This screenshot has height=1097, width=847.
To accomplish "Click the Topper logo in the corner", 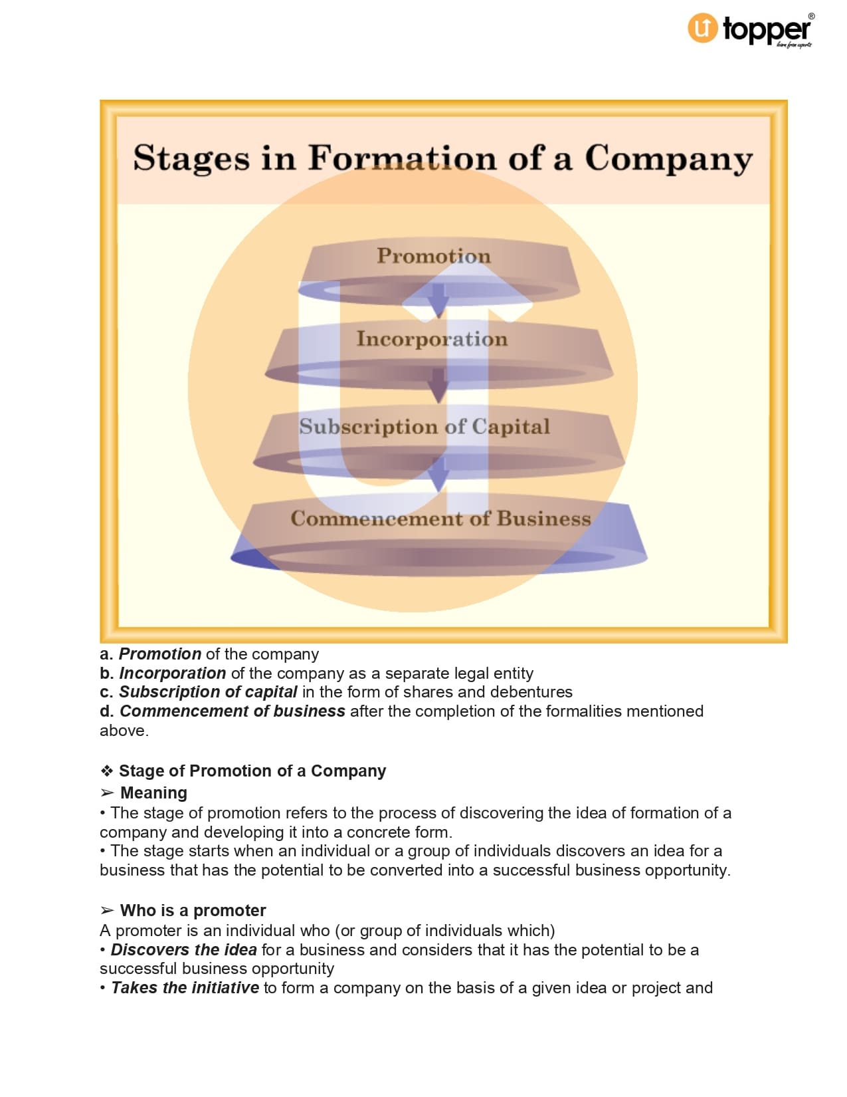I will [x=749, y=30].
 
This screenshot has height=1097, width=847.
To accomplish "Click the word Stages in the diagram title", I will [x=191, y=158].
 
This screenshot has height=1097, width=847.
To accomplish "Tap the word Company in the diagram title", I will [x=668, y=160].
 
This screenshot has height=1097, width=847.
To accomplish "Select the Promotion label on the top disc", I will [x=434, y=256].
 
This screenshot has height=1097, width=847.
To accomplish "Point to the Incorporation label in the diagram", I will [x=432, y=339].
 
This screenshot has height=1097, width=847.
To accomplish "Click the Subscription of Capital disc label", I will [x=424, y=426].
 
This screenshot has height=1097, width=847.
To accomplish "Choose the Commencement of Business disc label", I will [x=440, y=519].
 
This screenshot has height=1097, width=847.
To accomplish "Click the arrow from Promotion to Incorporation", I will [x=438, y=300].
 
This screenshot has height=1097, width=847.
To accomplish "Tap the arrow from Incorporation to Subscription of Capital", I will [x=438, y=386].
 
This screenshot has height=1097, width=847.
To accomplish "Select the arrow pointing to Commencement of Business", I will [x=438, y=473].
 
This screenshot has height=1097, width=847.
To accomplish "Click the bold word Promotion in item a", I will [x=159, y=654].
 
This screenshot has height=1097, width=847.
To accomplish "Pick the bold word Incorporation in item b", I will [x=173, y=673].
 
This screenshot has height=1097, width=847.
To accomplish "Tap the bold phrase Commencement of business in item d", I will [x=233, y=711].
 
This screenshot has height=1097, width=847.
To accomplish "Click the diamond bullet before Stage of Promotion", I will [x=107, y=771].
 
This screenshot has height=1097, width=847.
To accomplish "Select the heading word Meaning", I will [x=153, y=793].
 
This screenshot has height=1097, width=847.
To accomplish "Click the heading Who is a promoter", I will [x=193, y=911].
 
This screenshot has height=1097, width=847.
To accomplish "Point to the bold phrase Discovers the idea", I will [x=183, y=950].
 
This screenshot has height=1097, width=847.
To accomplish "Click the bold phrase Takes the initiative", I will [x=185, y=988].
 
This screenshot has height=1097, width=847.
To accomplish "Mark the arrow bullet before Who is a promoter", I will [x=107, y=911].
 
